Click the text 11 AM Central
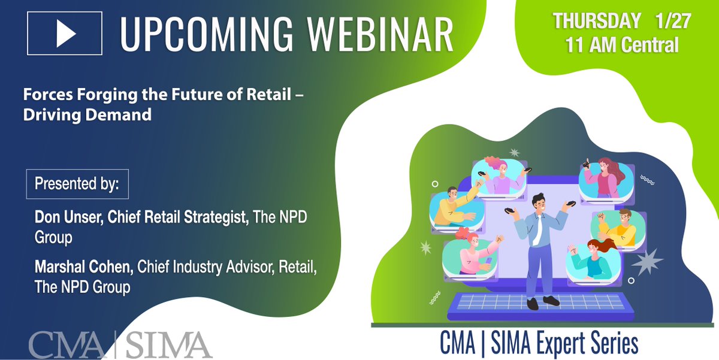click(623, 45)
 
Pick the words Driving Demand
click(87, 114)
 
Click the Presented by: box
click(77, 183)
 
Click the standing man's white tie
click(538, 228)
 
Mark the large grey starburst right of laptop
click(645, 261)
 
